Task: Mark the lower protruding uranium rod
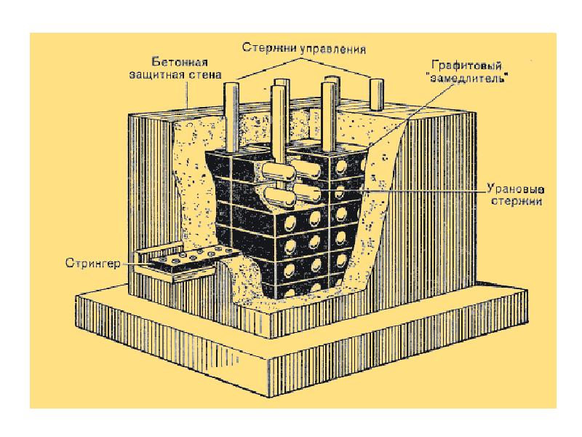(277, 196)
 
